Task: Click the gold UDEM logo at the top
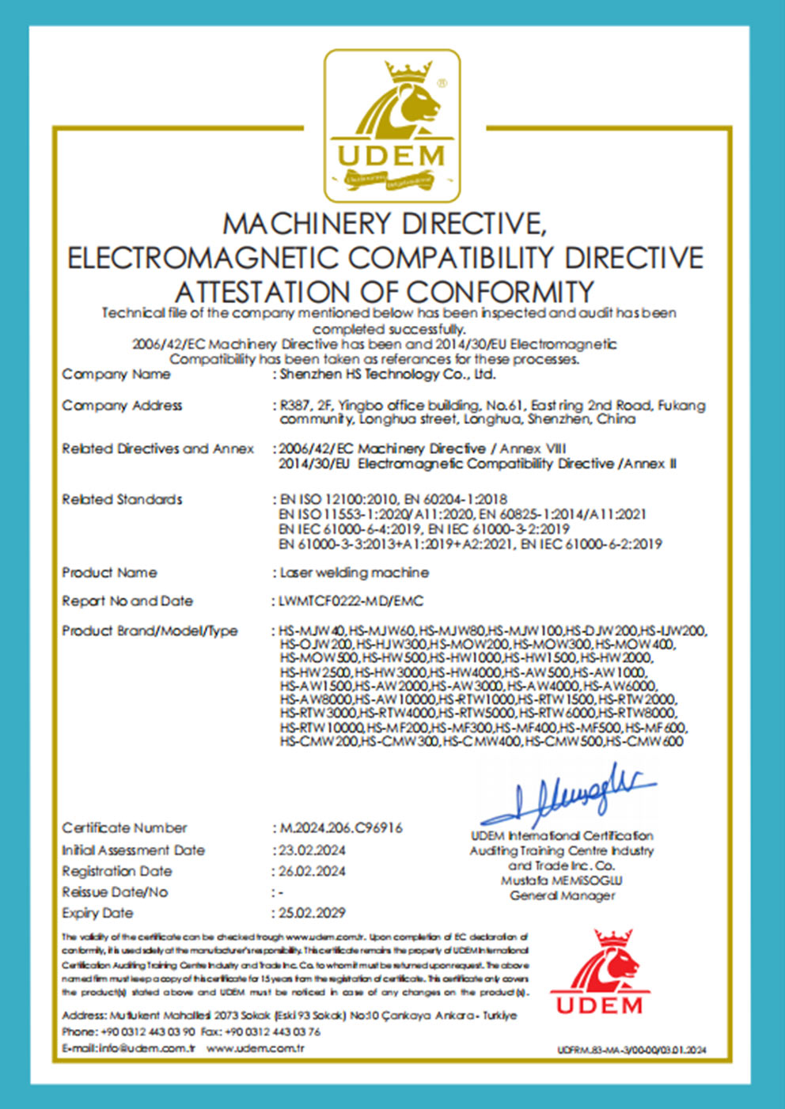pyautogui.click(x=392, y=125)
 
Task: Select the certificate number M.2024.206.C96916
pyautogui.click(x=341, y=828)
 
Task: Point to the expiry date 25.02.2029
pyautogui.click(x=312, y=913)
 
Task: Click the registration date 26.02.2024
pyautogui.click(x=312, y=871)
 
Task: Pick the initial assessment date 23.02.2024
pyautogui.click(x=312, y=850)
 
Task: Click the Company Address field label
pyautogui.click(x=122, y=406)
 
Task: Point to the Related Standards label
pyautogui.click(x=122, y=499)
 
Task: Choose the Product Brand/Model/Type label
pyautogui.click(x=150, y=631)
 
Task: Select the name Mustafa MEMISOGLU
pyautogui.click(x=562, y=880)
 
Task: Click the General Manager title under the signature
pyautogui.click(x=562, y=895)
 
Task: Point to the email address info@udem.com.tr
pyautogui.click(x=146, y=1048)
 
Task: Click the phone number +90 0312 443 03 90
pyautogui.click(x=149, y=1031)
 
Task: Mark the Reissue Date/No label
pyautogui.click(x=115, y=892)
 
